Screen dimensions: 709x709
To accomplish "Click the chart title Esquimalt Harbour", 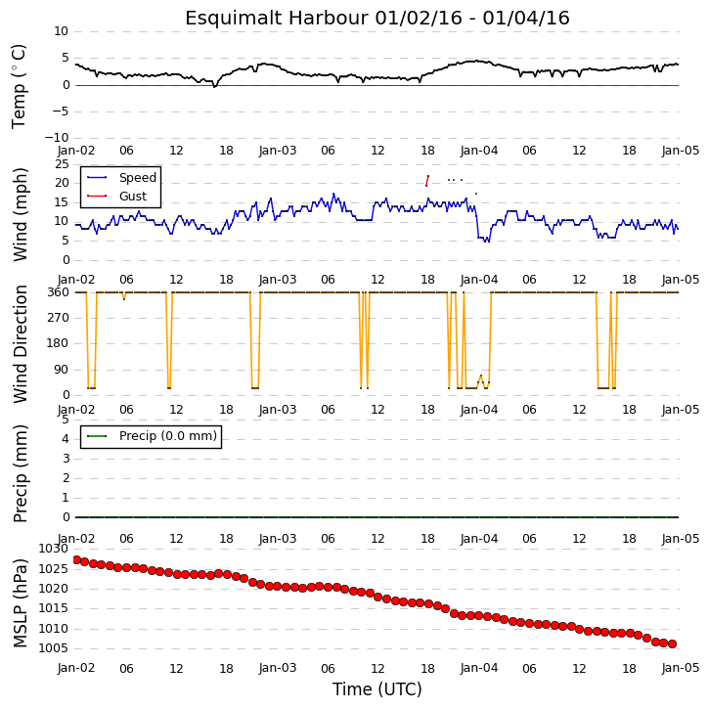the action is [277, 19].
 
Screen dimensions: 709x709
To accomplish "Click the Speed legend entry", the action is [138, 178].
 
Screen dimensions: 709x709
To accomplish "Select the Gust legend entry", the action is [132, 197].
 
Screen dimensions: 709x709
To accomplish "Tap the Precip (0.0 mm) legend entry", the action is [168, 436].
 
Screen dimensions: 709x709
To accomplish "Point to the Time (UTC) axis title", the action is [377, 689].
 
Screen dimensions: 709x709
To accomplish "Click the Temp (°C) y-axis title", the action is [19, 86].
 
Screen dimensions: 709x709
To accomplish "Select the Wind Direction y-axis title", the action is [20, 343].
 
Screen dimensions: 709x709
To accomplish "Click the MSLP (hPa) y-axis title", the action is [20, 603].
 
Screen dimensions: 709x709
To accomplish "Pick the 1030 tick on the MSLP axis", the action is [54, 549].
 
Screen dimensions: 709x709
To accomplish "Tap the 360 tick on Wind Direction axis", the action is [59, 292].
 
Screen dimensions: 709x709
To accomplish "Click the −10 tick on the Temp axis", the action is [57, 138].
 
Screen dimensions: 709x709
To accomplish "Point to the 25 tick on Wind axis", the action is [62, 164].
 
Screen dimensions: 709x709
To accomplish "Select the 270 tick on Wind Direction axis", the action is [59, 318].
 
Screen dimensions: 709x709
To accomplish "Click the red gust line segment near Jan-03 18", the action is [427, 180].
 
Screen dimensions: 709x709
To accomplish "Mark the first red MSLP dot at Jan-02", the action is [77, 559].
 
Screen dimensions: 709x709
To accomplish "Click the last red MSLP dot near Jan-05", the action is [673, 643].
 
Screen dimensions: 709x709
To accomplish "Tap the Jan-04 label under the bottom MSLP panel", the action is [479, 668].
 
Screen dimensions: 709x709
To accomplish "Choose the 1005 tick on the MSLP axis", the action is [54, 648].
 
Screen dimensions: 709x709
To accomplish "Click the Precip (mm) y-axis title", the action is [20, 474].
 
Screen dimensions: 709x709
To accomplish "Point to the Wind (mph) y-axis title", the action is [20, 215].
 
